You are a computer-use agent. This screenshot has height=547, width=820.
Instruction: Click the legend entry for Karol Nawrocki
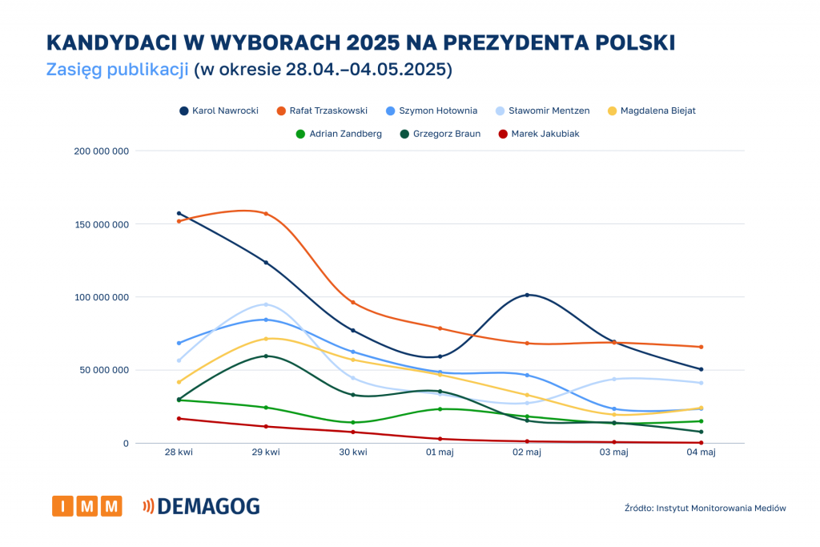pos(219,111)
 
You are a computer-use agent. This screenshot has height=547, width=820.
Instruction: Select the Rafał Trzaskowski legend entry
pos(322,111)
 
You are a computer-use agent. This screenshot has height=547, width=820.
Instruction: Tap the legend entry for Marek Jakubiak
pos(539,134)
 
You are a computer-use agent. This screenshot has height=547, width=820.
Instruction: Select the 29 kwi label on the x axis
pos(266,453)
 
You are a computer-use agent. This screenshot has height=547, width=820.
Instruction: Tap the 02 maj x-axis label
pos(527,453)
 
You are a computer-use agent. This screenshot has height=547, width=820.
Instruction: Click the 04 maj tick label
pos(701,453)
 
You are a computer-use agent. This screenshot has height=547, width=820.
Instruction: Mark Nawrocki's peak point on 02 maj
pos(527,295)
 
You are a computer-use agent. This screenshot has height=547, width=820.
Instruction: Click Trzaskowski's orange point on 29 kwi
pos(266,214)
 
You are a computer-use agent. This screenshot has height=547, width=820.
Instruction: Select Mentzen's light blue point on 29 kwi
pos(266,304)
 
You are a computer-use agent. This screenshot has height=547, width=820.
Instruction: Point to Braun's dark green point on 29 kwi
pos(266,356)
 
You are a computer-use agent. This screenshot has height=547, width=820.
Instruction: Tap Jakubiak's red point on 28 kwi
pos(179,418)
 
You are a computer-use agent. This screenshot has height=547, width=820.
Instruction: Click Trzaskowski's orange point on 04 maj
pos(701,347)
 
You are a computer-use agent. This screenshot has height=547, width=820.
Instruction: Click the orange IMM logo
pos(87,506)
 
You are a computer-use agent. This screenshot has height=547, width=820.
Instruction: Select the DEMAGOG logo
pos(201,506)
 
